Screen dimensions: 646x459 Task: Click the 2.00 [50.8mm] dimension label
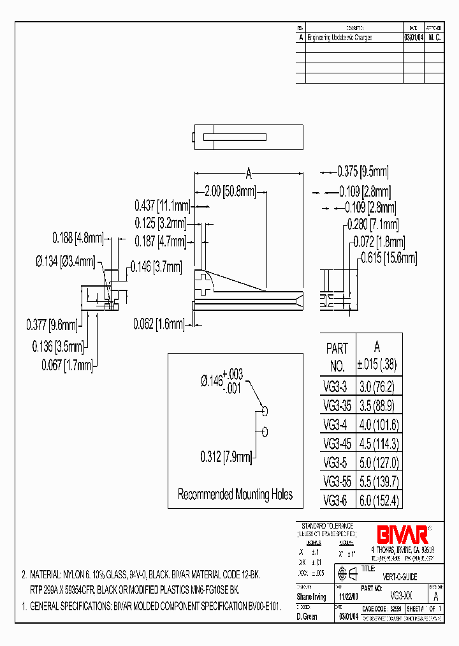(x=230, y=191)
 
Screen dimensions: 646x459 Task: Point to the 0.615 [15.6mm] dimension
(x=388, y=258)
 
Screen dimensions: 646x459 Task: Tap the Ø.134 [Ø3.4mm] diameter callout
(x=65, y=261)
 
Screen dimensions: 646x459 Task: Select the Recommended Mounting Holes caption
(x=235, y=494)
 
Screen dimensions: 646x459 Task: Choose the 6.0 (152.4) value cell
(x=379, y=500)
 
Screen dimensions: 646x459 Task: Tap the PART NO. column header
(x=337, y=357)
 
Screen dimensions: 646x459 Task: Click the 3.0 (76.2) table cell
(x=379, y=387)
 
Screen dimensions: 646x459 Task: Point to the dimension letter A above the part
(x=248, y=172)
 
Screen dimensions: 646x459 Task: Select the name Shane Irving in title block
(x=312, y=597)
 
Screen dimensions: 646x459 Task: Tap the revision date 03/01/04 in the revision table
(x=414, y=38)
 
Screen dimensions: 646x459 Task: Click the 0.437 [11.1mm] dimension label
(x=163, y=206)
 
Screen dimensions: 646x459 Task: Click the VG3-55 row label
(x=336, y=482)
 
